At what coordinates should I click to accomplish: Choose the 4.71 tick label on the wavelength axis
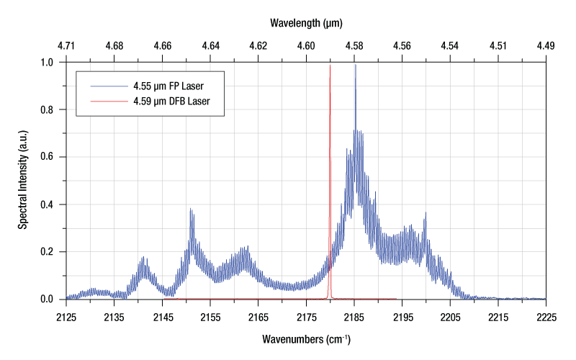click(66, 46)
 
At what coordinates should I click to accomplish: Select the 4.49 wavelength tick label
click(545, 46)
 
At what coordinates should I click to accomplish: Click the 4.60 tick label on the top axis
click(305, 46)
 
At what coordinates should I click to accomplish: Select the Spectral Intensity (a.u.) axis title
click(23, 181)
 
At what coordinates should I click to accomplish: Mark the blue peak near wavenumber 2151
click(191, 210)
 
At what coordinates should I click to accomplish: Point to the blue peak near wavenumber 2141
click(143, 258)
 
